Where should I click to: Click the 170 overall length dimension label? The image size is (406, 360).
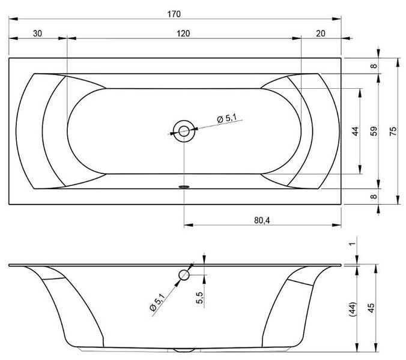[x=174, y=14]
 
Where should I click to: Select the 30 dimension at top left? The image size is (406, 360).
[x=38, y=34]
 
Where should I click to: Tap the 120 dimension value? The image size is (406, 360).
[x=183, y=34]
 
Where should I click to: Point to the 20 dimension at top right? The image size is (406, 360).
[x=321, y=34]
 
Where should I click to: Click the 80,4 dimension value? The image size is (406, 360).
[x=262, y=220]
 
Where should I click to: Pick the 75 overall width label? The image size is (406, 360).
[x=393, y=131]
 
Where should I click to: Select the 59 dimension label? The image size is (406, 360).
[x=374, y=131]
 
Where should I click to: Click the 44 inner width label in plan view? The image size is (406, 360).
[x=356, y=131]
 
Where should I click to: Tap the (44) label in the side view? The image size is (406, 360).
[x=353, y=309]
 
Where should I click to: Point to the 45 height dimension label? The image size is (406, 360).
[x=371, y=308]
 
